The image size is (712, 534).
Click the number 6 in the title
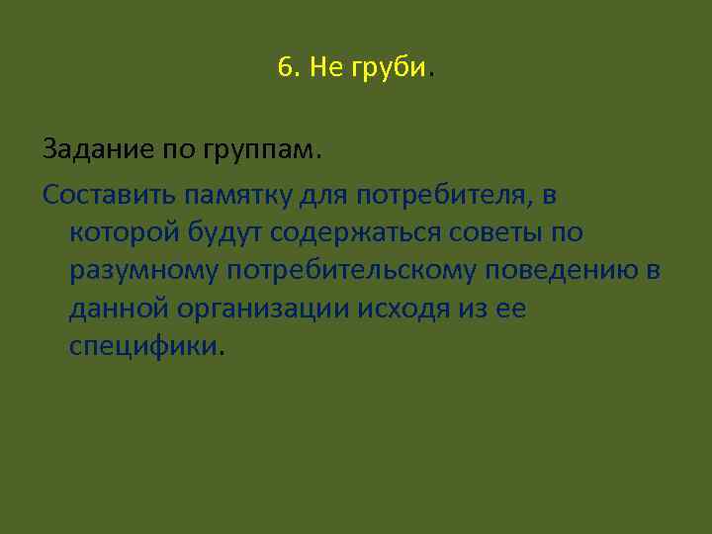(286, 68)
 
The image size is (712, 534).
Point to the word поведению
(568, 272)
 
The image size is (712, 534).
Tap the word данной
(119, 310)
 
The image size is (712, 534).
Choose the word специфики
(144, 348)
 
